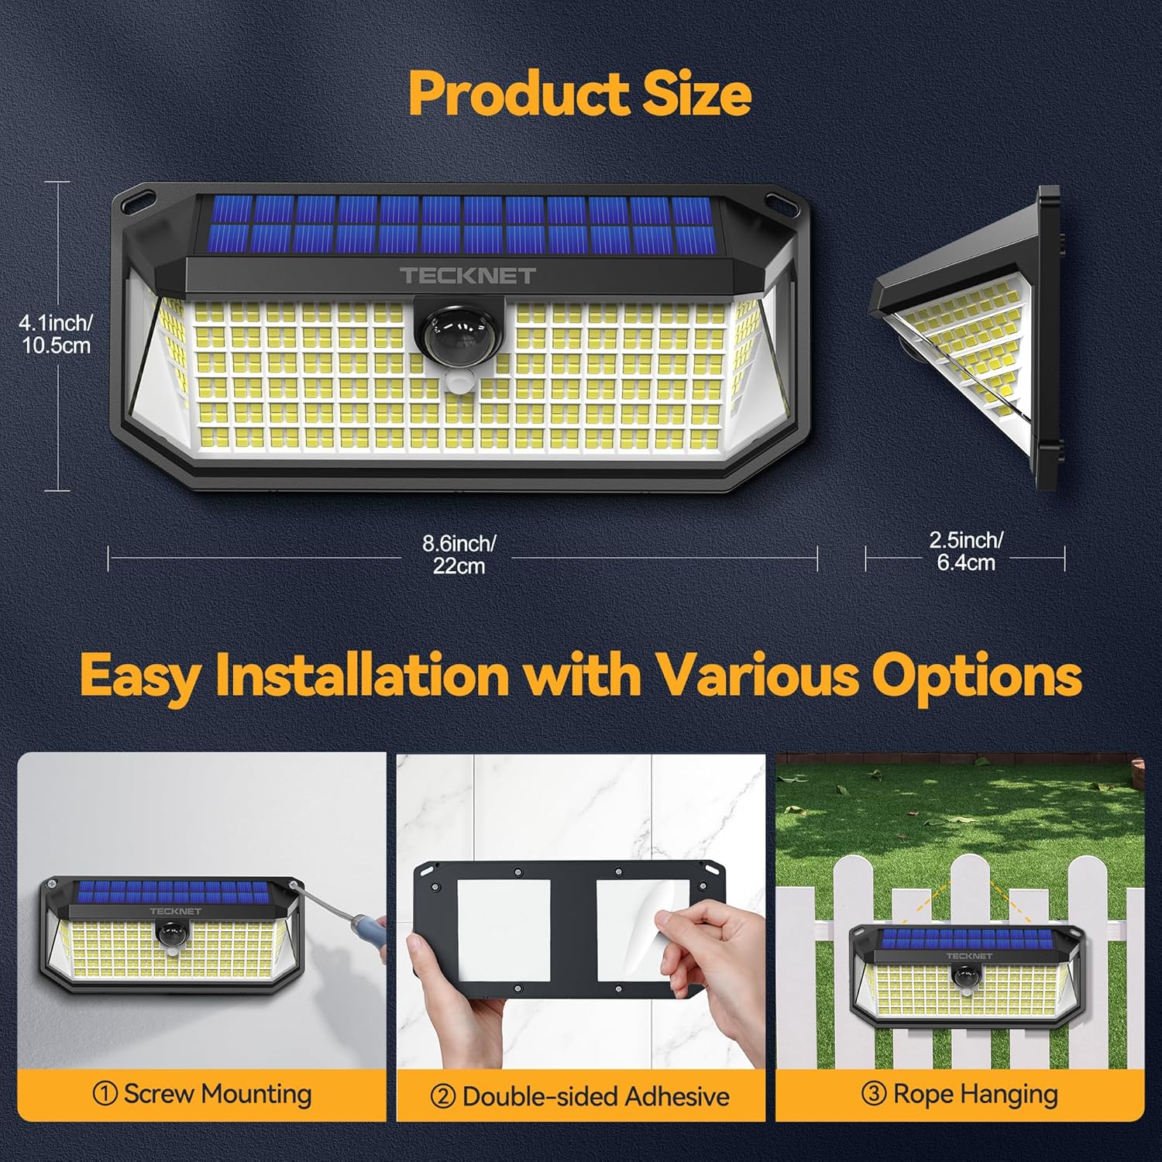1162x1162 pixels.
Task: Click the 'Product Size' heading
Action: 579,94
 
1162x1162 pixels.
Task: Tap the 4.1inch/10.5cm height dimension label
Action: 56,334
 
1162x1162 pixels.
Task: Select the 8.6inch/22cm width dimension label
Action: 459,555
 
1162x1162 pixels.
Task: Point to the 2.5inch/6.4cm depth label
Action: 966,551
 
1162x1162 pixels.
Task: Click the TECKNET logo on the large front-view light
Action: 467,275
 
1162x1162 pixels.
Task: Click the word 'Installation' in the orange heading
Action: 362,676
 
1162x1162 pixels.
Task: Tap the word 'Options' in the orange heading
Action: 977,676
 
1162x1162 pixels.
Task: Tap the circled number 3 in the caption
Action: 874,1095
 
